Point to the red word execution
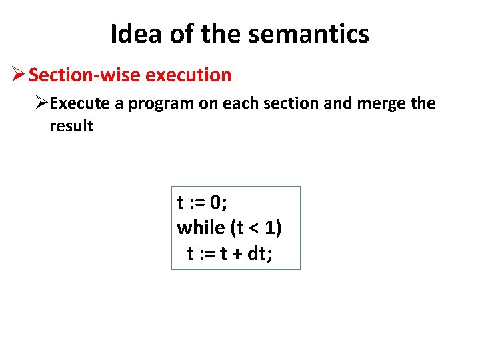[x=188, y=75]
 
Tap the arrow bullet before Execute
[x=42, y=103]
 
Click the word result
[x=71, y=126]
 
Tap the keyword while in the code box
[x=201, y=228]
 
